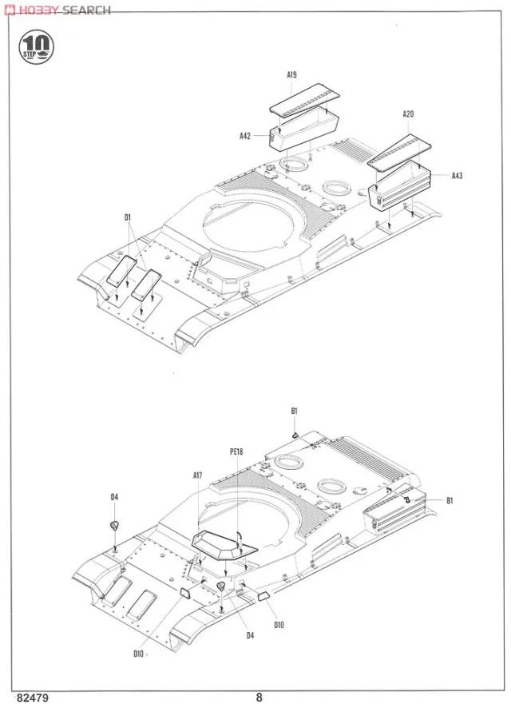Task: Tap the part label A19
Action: [292, 74]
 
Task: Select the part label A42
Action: [245, 136]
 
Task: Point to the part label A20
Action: [408, 114]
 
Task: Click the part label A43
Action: [457, 176]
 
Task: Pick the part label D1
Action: [127, 217]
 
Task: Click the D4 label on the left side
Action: [114, 497]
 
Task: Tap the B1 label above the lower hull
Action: [294, 411]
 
